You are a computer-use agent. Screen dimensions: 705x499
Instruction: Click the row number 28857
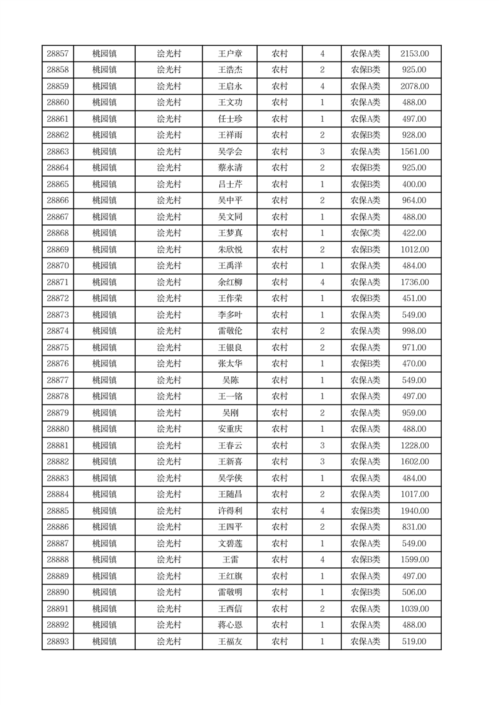tap(58, 54)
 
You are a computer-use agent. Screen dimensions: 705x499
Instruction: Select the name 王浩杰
tap(230, 70)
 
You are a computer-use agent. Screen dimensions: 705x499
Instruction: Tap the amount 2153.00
tap(415, 54)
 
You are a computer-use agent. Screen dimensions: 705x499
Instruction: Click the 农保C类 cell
tap(365, 233)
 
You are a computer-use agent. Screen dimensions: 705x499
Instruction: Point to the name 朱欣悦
tap(230, 249)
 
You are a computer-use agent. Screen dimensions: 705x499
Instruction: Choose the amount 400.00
tap(415, 184)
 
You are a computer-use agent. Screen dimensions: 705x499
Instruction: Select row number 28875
tap(58, 347)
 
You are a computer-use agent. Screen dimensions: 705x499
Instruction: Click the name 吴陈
tap(230, 380)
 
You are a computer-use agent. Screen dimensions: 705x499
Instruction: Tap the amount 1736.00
tap(415, 282)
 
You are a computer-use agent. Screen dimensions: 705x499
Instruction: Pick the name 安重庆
tap(230, 429)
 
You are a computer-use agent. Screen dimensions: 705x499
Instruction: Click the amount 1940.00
tap(415, 511)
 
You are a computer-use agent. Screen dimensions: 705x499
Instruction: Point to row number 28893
tap(58, 642)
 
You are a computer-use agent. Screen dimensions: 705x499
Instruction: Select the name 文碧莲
tap(230, 544)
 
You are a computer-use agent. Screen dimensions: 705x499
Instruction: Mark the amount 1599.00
tap(415, 560)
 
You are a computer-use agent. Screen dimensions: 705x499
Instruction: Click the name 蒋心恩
tap(230, 625)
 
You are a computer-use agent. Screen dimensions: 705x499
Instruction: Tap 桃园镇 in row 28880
tap(104, 429)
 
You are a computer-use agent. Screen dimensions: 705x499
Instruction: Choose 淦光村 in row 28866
tap(168, 200)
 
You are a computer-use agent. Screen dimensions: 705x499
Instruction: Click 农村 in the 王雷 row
tap(280, 560)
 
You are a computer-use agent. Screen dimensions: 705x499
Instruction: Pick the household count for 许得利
tap(322, 511)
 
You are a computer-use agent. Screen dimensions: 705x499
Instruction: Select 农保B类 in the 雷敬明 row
tap(365, 593)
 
